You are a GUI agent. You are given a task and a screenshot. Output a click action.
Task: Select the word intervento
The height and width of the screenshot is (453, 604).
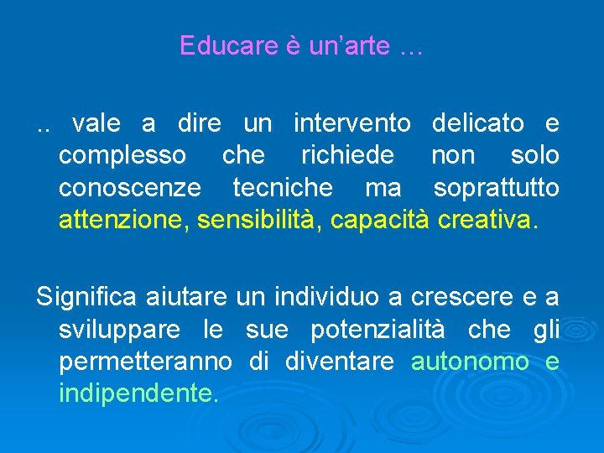[x=351, y=124]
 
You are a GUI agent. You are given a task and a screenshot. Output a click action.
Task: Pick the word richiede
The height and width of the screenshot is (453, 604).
[x=347, y=156]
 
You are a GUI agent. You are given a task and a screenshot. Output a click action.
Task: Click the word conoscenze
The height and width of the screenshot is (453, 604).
[x=130, y=188]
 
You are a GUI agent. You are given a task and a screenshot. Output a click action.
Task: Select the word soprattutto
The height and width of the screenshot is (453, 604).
[x=497, y=188]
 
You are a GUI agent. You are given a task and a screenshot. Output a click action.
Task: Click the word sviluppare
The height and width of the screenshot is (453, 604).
[x=119, y=331]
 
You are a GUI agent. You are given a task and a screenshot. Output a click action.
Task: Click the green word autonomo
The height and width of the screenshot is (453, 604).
[x=470, y=362]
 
